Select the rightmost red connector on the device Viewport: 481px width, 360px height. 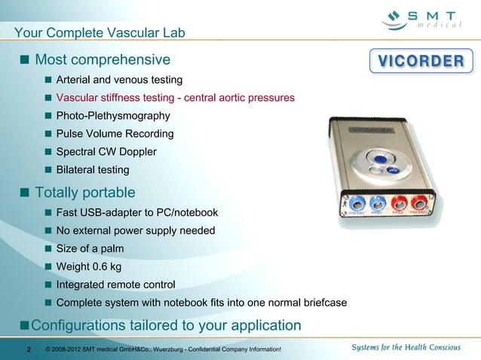coord(420,203)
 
